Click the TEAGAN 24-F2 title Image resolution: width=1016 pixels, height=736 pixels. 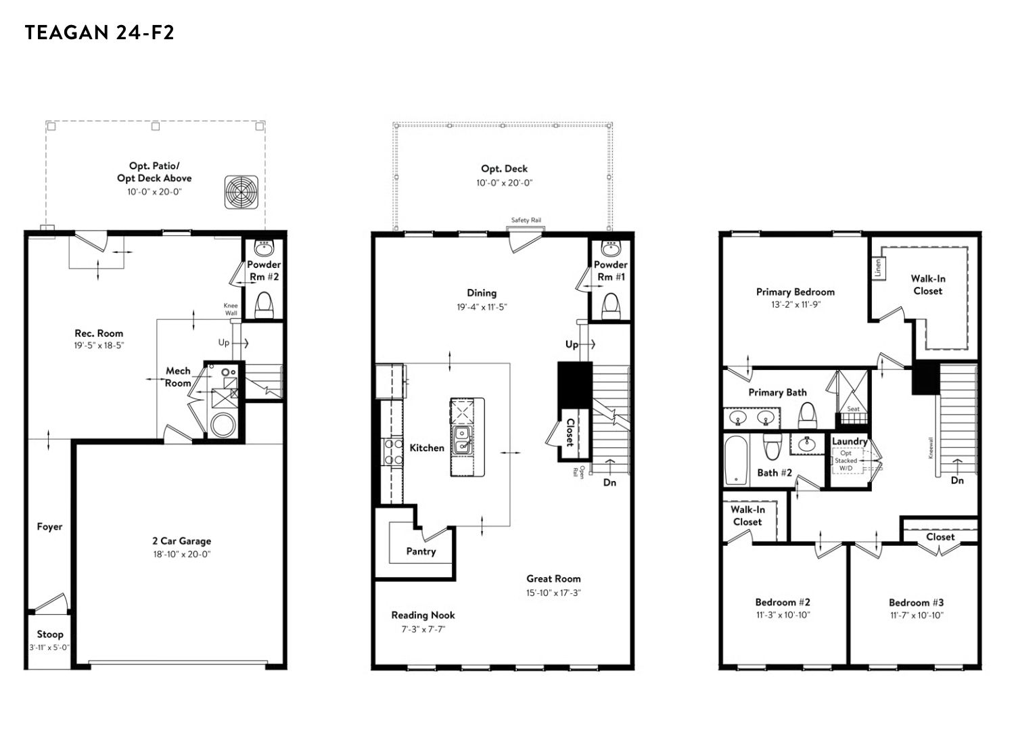(x=99, y=32)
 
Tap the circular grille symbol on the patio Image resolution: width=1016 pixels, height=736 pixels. (x=241, y=192)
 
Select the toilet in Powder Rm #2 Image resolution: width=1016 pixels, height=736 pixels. (x=264, y=304)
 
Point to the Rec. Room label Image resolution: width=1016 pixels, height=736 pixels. (x=99, y=333)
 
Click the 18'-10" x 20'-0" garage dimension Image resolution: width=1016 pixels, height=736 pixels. (x=182, y=554)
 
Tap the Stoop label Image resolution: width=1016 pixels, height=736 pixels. (x=50, y=635)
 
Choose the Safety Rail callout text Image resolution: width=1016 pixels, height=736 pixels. (x=526, y=220)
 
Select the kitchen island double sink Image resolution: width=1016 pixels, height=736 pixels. (x=462, y=440)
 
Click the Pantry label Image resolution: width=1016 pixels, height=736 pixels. (x=421, y=551)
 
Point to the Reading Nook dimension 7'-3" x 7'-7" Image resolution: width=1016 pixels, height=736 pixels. (x=423, y=629)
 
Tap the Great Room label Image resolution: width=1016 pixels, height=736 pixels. (x=553, y=578)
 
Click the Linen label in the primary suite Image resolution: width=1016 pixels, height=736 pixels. (x=877, y=268)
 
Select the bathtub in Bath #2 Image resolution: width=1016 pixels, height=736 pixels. (x=736, y=460)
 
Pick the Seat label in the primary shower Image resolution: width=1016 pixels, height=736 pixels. (x=853, y=409)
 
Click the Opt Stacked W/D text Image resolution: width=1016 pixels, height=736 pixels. (x=846, y=461)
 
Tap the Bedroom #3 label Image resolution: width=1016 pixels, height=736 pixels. (x=916, y=603)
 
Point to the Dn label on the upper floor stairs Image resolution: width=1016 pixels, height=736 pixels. (x=958, y=481)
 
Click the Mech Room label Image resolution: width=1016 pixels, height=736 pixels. (x=178, y=377)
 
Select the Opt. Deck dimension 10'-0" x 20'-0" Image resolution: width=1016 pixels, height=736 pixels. (x=505, y=183)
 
